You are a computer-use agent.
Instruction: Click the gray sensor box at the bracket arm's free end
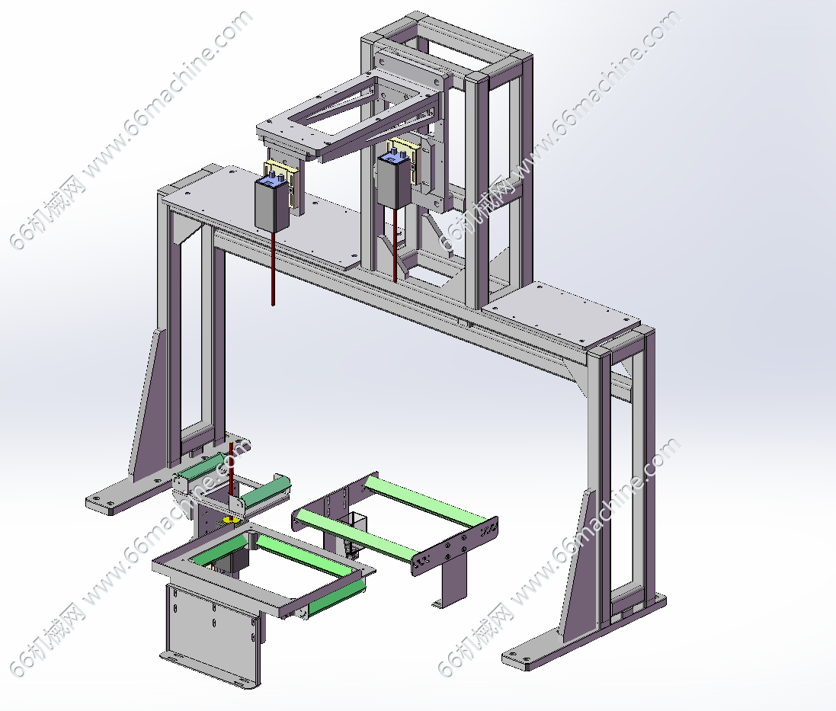(x=272, y=203)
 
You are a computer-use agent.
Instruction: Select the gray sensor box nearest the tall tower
(x=395, y=180)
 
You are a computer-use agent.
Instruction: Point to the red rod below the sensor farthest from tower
(x=274, y=268)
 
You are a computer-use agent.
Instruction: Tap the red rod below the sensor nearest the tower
(x=395, y=245)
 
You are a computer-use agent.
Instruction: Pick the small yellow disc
(x=232, y=519)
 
